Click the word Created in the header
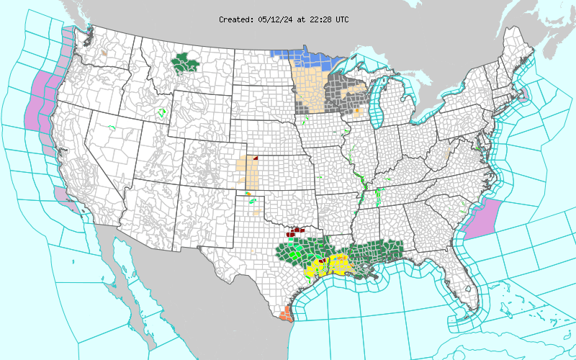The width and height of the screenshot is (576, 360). [235, 19]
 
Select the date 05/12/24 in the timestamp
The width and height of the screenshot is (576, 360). [274, 19]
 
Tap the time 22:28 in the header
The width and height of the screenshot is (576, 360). [320, 19]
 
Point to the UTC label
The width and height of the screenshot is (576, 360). [341, 19]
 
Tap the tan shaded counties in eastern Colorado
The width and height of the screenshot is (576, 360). [251, 173]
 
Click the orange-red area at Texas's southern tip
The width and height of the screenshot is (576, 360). [286, 314]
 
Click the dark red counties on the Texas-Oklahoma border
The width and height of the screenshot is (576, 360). [297, 230]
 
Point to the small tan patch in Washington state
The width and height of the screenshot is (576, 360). [104, 52]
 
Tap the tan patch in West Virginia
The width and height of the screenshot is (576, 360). [447, 154]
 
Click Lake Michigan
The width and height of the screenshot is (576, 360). [376, 108]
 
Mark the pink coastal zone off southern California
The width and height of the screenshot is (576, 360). [60, 197]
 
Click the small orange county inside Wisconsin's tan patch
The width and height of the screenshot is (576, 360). [356, 111]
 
